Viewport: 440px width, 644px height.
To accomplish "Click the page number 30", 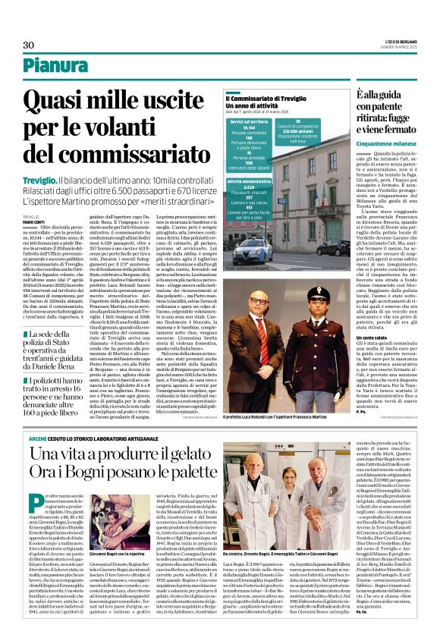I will pyautogui.click(x=28, y=46).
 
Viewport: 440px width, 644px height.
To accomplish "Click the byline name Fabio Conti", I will pyautogui.click(x=33, y=221).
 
